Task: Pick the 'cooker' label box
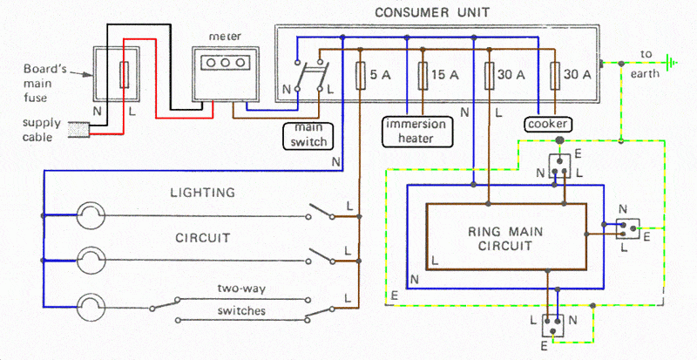click(x=548, y=124)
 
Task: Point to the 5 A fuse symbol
click(x=360, y=76)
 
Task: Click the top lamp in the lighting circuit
click(x=91, y=214)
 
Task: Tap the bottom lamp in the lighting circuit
click(x=91, y=307)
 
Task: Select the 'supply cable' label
click(x=42, y=129)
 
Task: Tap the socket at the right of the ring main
click(x=626, y=229)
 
